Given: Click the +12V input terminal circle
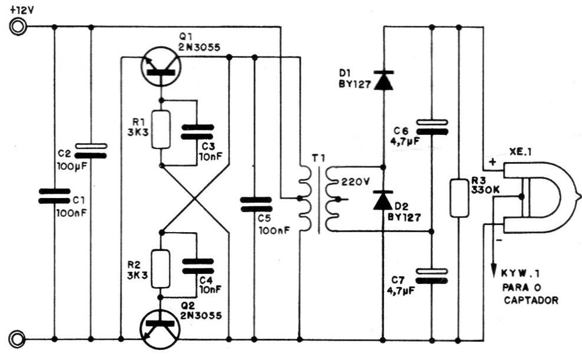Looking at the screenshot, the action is (18, 27).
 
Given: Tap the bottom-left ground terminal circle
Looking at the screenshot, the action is (18, 339).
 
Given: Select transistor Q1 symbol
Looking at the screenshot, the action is (161, 67).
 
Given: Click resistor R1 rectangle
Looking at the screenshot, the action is (161, 129).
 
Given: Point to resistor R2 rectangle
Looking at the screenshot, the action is (161, 269).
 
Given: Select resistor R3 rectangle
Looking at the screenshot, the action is (459, 198).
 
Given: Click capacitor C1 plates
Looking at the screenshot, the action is (54, 196).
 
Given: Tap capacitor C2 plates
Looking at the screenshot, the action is (91, 151).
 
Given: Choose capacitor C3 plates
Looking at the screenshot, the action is (197, 132).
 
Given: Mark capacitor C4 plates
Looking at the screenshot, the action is (198, 266).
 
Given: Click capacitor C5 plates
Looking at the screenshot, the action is (256, 204).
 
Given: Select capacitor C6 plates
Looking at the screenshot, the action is (432, 127).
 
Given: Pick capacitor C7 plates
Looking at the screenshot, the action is (432, 276).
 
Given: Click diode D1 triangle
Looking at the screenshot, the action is (383, 81).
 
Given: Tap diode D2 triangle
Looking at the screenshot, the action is (383, 200).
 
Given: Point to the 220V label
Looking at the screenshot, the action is (355, 182).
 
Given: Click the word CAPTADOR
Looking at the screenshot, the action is (531, 300).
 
